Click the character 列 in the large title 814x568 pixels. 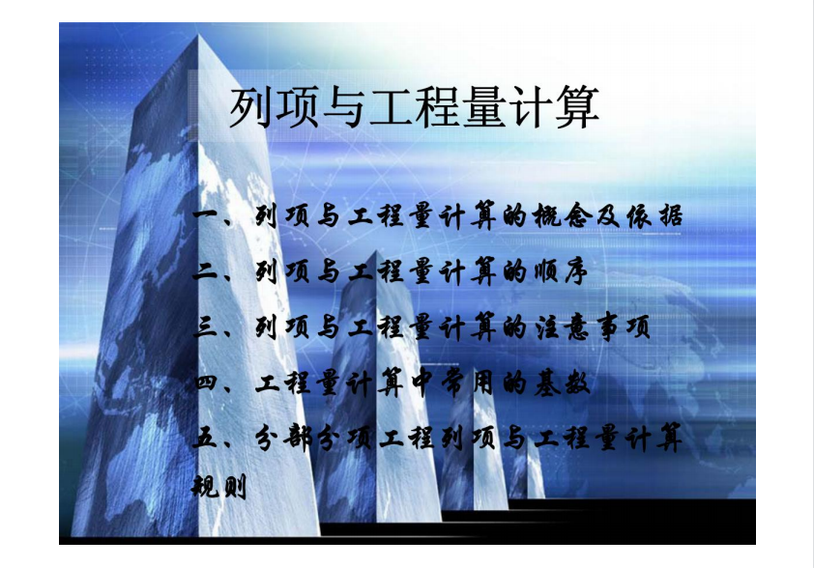pos(251,108)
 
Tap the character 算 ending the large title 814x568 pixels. pos(577,108)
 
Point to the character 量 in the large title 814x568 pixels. pos(483,108)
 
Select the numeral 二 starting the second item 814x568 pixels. pos(206,270)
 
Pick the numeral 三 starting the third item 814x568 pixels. pos(206,327)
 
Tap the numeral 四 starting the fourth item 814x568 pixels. pos(207,383)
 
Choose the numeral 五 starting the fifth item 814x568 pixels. pos(205,439)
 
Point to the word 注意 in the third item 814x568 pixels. pos(563,327)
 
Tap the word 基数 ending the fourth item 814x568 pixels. pos(563,383)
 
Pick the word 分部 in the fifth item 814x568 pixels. pos(283,439)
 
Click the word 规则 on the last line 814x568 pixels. pos(219,487)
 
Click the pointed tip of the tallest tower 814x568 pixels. pos(198,35)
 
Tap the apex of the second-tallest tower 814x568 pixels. pos(375,251)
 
